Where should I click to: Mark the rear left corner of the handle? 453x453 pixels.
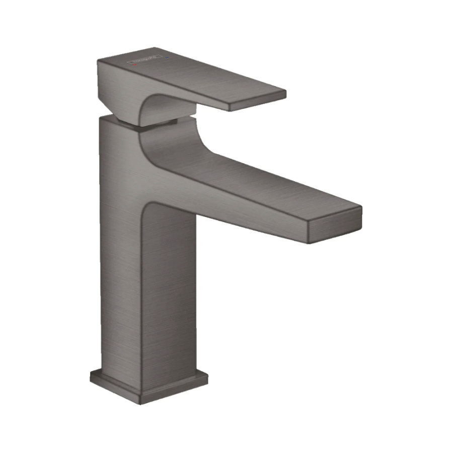tap(99, 62)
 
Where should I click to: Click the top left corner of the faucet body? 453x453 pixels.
tap(101, 118)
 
